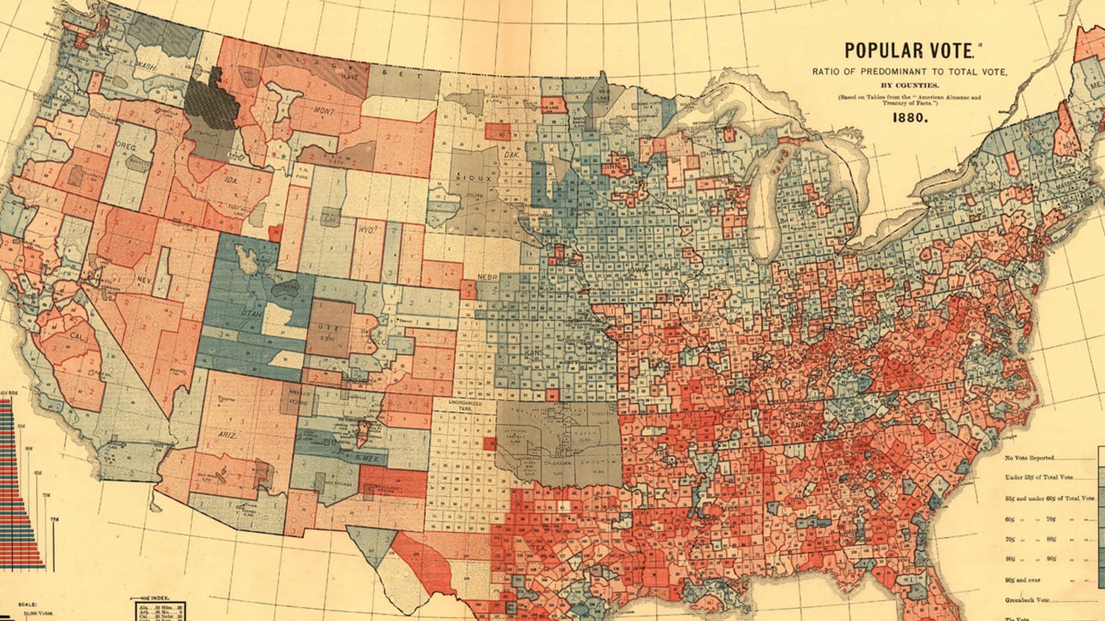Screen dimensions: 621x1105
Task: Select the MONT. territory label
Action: coord(324,110)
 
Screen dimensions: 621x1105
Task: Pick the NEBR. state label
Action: coord(487,277)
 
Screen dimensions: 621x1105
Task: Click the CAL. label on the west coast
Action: coord(78,335)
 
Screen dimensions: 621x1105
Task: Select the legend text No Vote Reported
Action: coord(1030,458)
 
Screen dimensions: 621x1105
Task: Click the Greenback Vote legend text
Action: coord(1027,600)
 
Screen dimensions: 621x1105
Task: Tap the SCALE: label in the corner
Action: coord(28,605)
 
